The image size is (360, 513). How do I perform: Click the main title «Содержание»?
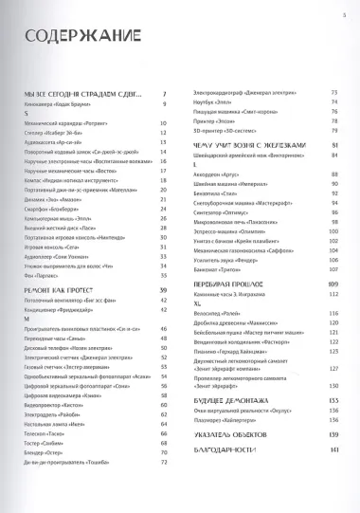tap(68, 40)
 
